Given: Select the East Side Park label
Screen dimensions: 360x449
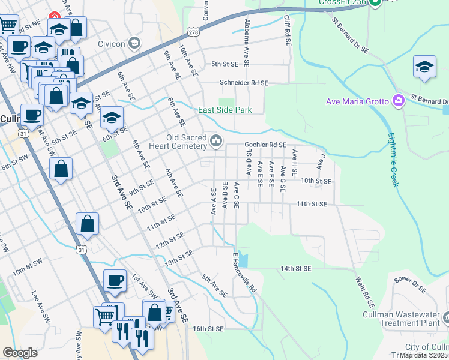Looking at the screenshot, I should click(225, 110).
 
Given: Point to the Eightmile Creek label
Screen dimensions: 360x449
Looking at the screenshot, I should click(393, 160).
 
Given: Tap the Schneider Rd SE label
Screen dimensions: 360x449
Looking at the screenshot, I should click(244, 83).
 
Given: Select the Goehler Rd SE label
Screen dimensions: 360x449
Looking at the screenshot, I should click(265, 145).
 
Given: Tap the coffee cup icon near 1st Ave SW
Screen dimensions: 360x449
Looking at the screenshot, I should click(115, 280).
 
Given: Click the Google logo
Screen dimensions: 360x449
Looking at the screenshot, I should click(20, 353).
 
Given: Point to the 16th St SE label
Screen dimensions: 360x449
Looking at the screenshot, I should click(208, 329).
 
